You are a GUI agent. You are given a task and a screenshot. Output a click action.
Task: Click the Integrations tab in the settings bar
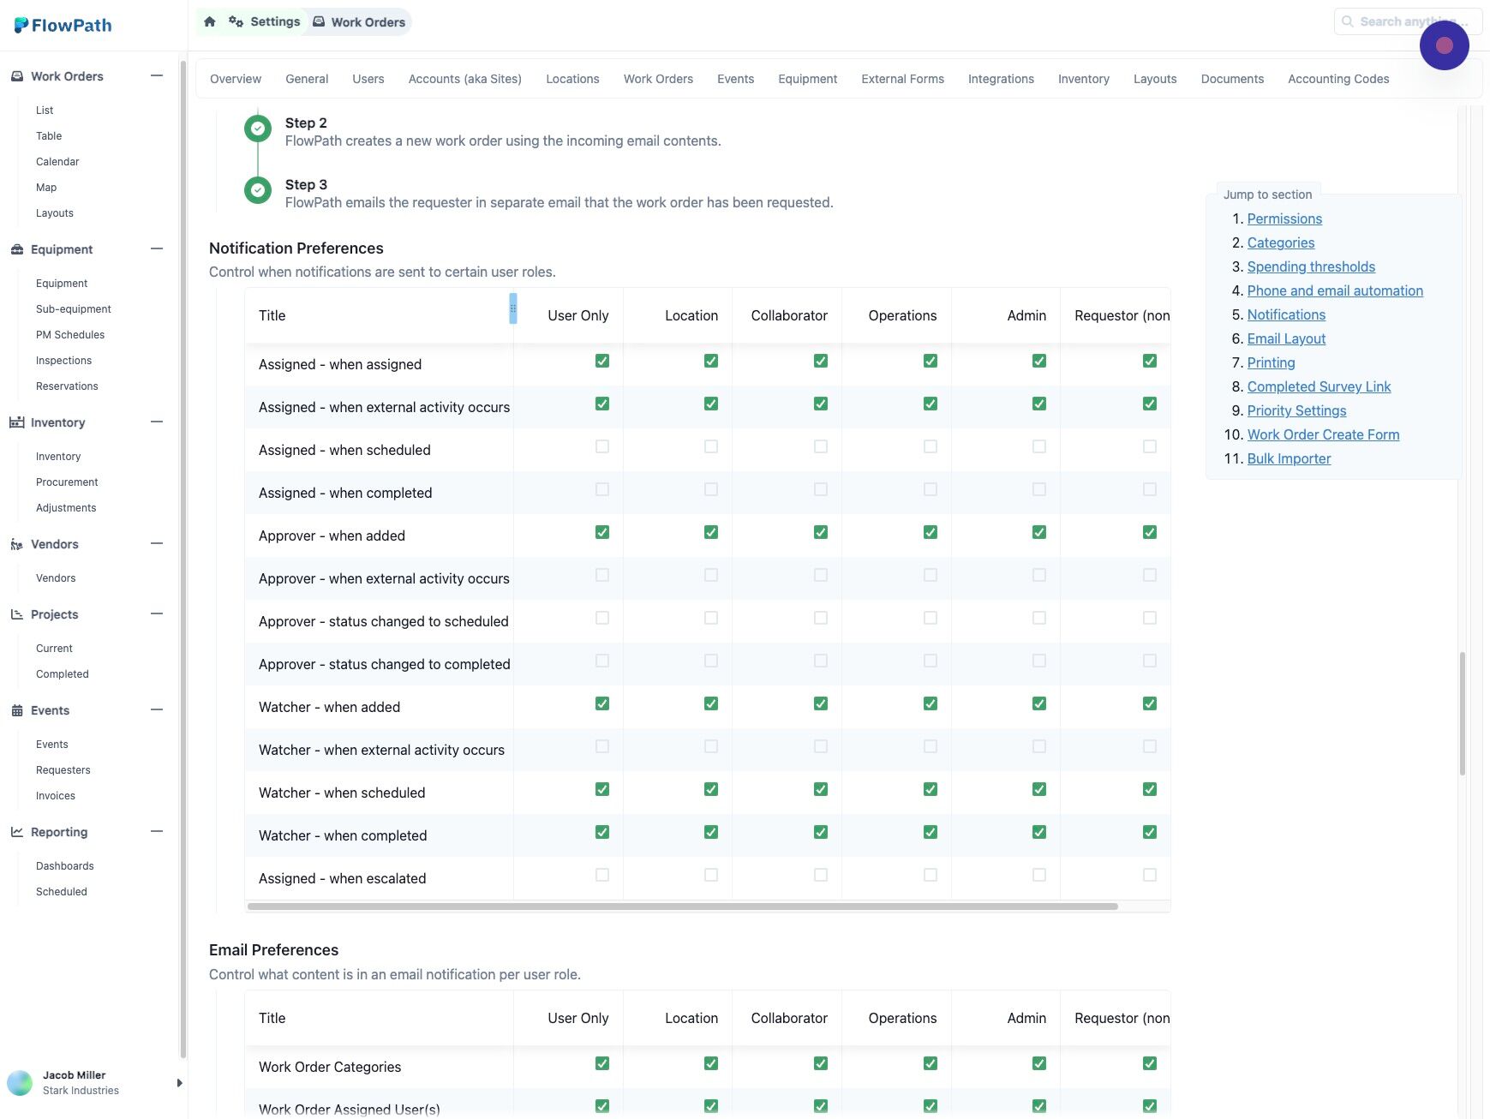1001,79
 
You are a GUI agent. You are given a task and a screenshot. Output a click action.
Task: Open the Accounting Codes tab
1338,79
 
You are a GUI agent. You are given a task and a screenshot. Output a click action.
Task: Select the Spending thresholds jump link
1311,266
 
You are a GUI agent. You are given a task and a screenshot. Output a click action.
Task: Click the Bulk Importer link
1289,458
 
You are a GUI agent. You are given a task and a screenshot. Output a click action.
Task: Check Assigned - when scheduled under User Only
602,446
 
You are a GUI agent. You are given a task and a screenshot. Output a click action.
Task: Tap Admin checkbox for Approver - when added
1039,532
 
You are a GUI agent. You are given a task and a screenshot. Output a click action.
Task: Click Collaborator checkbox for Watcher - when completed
821,832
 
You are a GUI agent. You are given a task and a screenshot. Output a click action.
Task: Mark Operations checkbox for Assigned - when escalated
931,875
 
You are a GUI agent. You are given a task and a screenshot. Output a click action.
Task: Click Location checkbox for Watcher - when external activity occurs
711,746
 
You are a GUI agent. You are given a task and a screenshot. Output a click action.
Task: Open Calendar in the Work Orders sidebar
57,162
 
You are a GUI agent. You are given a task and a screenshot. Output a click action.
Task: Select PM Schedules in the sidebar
70,335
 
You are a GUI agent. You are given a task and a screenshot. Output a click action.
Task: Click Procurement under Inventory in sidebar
67,482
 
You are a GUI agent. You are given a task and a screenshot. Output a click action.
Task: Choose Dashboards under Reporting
65,866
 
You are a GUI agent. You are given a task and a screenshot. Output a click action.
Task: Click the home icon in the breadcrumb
210,21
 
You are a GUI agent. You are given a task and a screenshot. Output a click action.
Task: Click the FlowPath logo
63,26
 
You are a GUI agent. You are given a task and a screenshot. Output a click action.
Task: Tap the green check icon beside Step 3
258,190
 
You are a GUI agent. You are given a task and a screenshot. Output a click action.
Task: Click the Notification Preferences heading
296,248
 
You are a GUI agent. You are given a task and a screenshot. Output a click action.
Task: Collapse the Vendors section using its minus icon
157,543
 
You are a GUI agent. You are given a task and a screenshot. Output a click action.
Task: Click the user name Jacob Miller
75,1075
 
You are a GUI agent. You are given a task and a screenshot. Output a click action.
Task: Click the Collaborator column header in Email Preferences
789,1018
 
